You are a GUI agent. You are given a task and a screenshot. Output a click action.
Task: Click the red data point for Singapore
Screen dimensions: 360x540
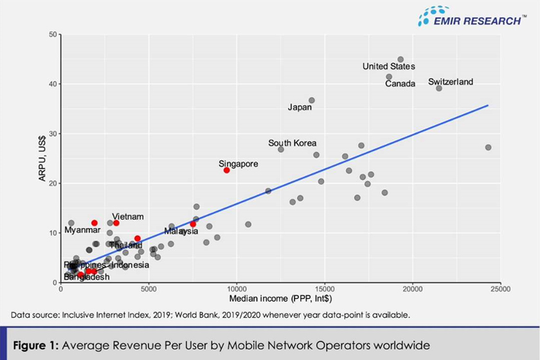coord(226,170)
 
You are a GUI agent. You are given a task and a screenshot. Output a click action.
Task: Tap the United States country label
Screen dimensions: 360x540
coord(389,66)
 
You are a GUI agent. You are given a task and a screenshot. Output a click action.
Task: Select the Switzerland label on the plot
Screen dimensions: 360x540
coord(451,82)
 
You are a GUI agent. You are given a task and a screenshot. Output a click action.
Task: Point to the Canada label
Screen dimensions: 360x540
coord(400,84)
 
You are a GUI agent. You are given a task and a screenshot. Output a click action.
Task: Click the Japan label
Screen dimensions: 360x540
coord(300,107)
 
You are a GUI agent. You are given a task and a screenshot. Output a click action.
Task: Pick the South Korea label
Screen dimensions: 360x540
coord(292,143)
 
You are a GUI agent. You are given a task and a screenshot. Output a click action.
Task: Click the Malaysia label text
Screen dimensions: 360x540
coord(181,231)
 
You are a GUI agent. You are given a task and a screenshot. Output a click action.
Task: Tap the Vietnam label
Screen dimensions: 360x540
coord(128,217)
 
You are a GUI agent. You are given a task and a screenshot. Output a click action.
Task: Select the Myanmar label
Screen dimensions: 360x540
coord(82,230)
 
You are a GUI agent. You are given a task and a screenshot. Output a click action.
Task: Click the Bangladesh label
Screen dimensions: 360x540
coord(87,277)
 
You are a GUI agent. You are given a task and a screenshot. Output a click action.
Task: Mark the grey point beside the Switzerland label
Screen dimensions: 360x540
coord(439,88)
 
